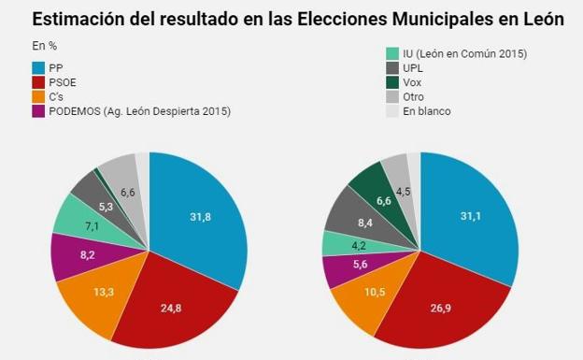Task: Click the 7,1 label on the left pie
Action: (91, 225)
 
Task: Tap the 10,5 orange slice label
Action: (375, 293)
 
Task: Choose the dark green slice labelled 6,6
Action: (383, 200)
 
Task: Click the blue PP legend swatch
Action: (38, 67)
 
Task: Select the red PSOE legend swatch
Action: (38, 82)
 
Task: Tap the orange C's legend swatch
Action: (38, 96)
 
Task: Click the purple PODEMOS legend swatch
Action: (38, 111)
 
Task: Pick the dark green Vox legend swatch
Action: (392, 82)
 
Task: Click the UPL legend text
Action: (415, 68)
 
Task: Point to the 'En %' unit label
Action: (44, 45)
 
